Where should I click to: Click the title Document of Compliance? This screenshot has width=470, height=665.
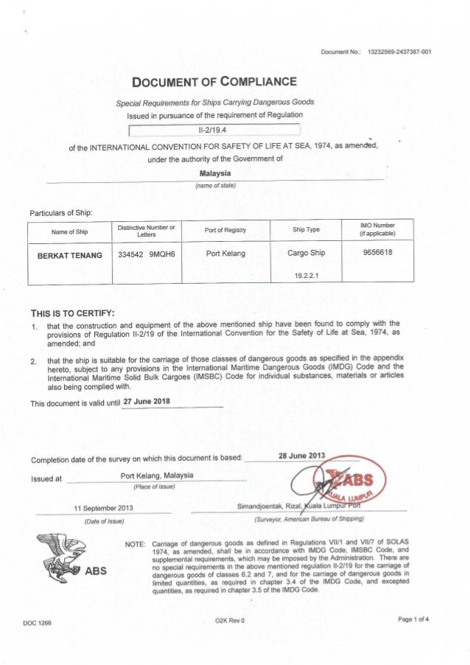[x=213, y=80]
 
